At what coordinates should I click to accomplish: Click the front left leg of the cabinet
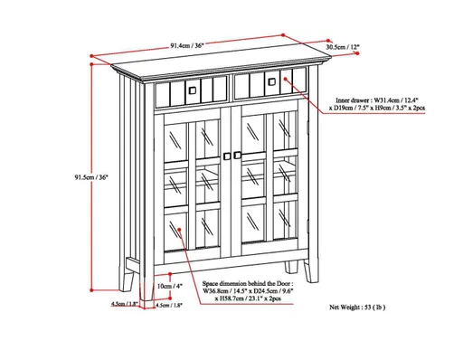coord(135,271)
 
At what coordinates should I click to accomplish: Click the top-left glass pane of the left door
coord(175,137)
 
